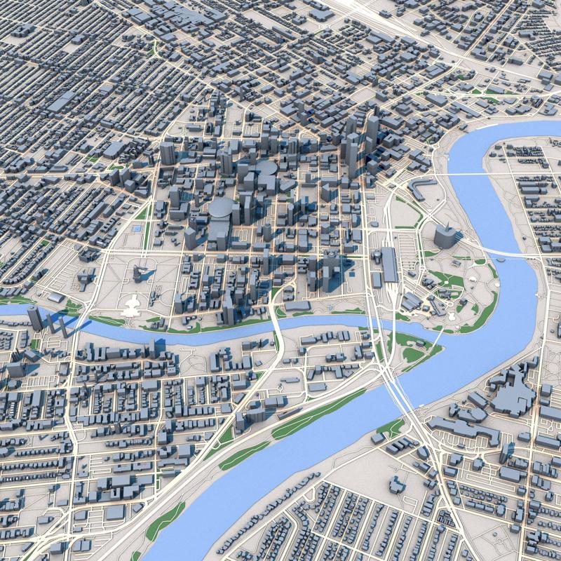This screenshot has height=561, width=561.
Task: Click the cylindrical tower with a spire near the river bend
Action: tap(445, 234)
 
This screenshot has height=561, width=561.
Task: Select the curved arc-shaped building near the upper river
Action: tap(424, 187)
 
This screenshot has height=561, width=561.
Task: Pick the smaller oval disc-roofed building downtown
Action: tap(266, 168)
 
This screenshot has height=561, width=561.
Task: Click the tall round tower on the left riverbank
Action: tap(34, 317)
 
